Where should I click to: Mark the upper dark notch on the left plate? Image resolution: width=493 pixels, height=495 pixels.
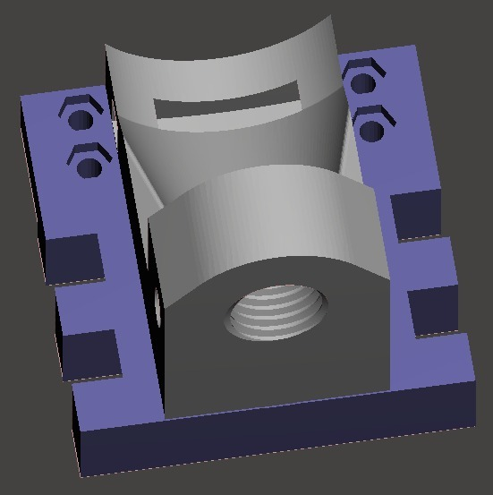73,260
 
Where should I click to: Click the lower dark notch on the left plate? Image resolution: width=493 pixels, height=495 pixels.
90,354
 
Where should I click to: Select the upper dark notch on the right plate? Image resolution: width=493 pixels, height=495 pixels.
416,215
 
